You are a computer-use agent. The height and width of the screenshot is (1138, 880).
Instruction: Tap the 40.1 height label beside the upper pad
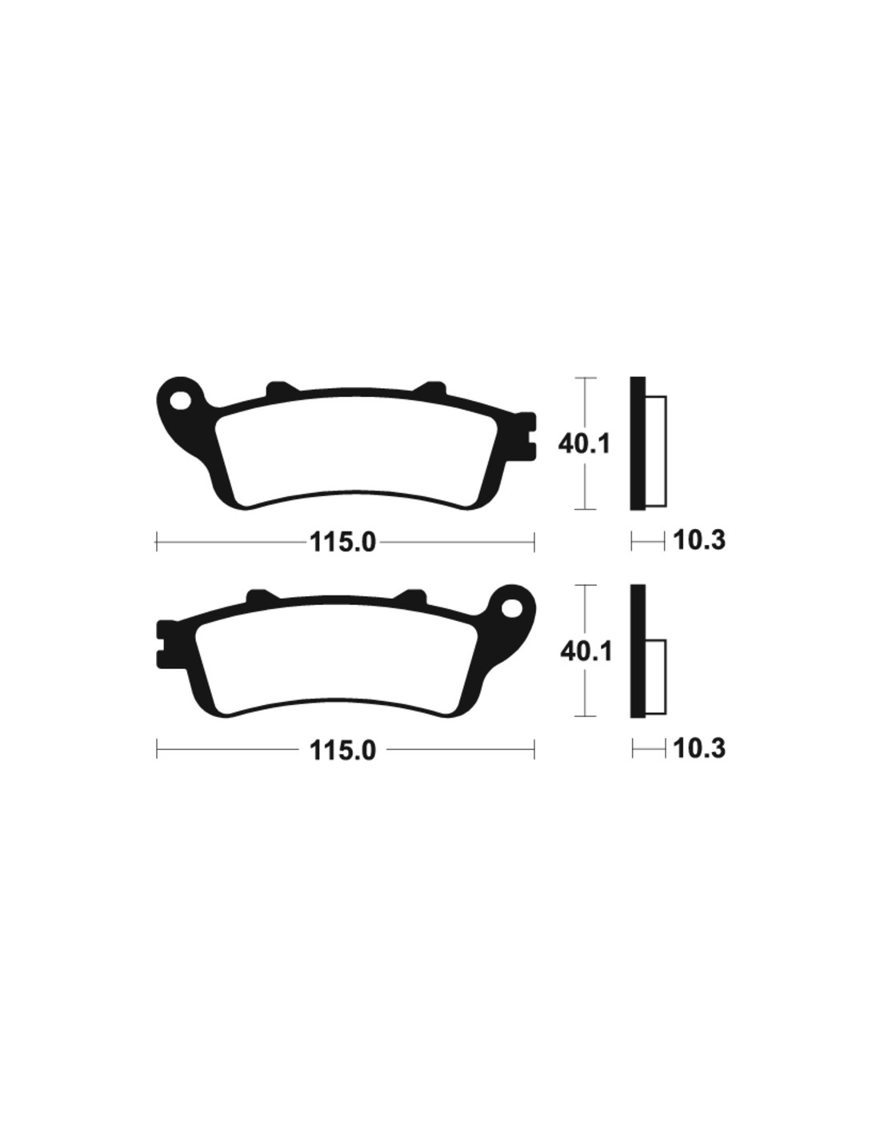pos(584,445)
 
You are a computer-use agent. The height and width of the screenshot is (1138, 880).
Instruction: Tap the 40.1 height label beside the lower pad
pos(586,652)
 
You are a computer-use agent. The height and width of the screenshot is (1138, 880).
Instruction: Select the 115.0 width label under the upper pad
pos(343,542)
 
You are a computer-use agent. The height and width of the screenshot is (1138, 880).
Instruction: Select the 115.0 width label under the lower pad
pos(343,750)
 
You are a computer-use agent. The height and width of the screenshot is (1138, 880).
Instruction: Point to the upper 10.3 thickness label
pos(699,540)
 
